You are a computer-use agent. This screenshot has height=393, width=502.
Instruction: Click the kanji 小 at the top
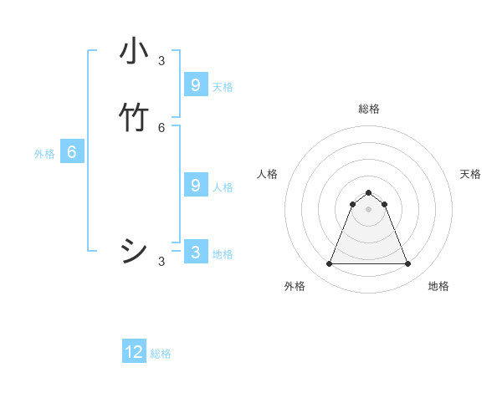pos(134,52)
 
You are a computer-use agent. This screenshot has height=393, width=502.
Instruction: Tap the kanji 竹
pos(134,118)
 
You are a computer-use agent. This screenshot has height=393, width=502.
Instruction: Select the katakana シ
pos(134,251)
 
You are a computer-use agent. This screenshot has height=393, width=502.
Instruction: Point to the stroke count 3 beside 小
pos(161,60)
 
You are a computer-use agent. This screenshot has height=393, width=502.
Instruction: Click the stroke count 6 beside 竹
pos(161,127)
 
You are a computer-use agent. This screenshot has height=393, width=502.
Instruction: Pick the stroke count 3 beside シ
pos(161,262)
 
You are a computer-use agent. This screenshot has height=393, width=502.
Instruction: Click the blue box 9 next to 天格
pos(195,84)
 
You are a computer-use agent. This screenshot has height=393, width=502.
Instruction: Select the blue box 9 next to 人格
pos(195,185)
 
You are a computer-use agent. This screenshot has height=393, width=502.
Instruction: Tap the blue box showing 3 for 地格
pos(195,252)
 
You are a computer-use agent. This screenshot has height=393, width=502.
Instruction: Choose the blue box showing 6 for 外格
pos(72,152)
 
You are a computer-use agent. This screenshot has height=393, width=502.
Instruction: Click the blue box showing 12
pos(134,352)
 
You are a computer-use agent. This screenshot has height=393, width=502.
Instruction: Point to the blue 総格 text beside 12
pos(161,354)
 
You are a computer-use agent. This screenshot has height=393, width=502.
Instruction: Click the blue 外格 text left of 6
pos(44,154)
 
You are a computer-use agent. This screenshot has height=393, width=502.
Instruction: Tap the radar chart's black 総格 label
pos(369,109)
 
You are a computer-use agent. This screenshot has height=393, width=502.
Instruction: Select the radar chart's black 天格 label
pos(471,174)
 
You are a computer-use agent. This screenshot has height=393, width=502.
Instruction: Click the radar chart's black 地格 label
pos(438,286)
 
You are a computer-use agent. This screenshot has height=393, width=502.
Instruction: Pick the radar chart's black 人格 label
pos(267,174)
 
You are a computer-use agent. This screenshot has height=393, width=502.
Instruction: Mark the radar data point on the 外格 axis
pos(329,264)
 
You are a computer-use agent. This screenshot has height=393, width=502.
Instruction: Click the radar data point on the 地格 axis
pos(408,264)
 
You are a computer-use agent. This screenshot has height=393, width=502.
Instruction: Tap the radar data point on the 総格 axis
pos(368,192)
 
